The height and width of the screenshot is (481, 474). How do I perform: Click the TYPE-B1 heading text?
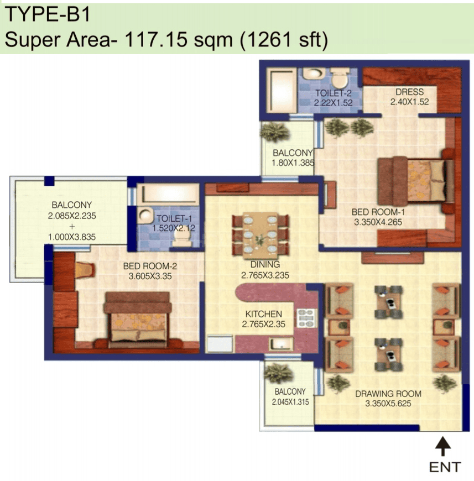coord(48,14)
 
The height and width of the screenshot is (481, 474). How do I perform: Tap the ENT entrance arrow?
coord(442,446)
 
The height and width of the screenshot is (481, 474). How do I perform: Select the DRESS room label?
coord(409,92)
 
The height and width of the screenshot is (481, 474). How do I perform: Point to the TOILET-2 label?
coord(333,93)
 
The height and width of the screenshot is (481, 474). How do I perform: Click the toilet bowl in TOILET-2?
coord(340,77)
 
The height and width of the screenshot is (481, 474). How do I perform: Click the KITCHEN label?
coord(263,314)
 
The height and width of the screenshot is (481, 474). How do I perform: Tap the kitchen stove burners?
coord(306,318)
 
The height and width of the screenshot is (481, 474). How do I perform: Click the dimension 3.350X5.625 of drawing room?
coord(388,404)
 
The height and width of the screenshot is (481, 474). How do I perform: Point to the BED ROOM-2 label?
coord(150,266)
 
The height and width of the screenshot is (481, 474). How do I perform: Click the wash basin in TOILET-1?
coord(145,216)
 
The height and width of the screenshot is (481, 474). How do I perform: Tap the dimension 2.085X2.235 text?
coord(72,216)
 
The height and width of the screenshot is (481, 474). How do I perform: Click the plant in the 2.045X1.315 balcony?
coord(278,373)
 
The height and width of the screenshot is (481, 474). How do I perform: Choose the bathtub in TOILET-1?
coord(168,194)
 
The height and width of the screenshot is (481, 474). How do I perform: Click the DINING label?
coord(265,264)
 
